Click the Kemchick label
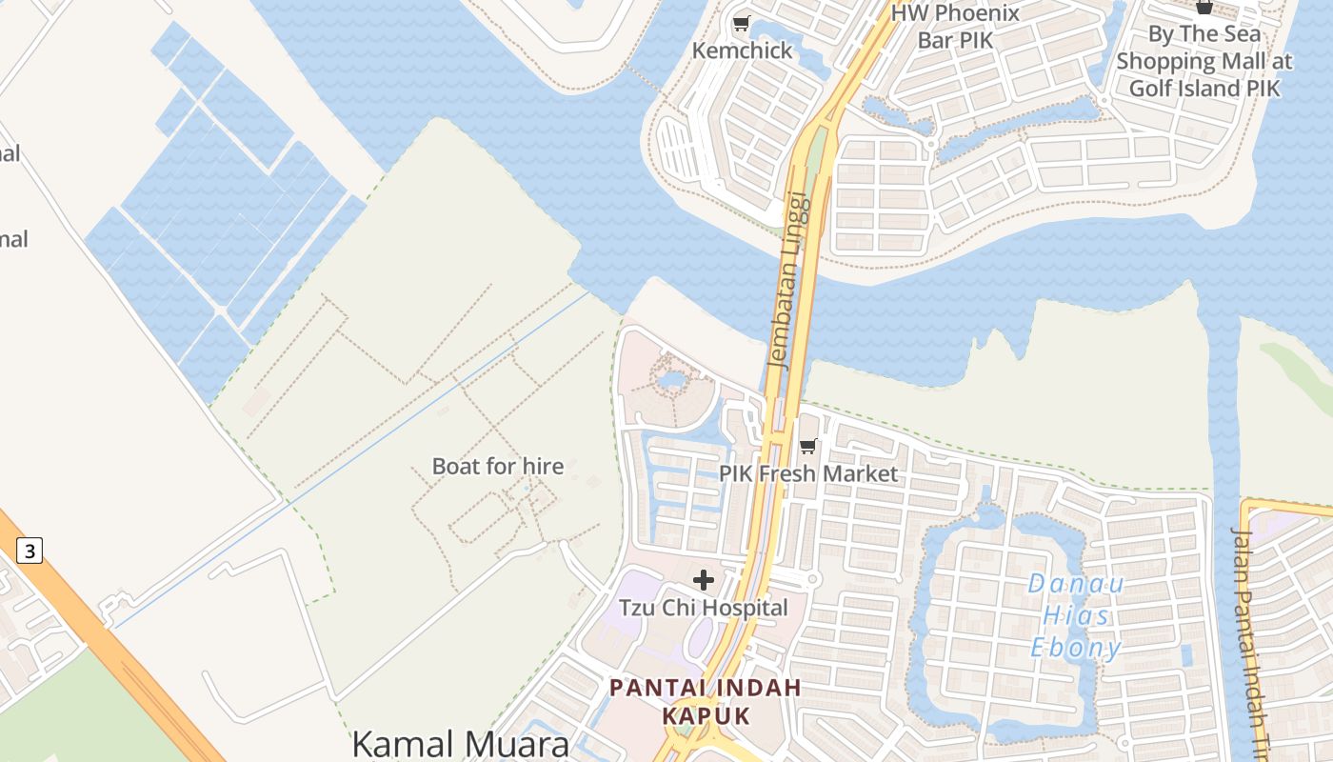pos(742,50)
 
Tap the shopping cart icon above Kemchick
pos(741,23)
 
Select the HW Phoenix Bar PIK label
pos(955,27)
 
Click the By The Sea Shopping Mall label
pos(1204,61)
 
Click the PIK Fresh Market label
pos(807,473)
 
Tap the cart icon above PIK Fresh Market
pos(808,446)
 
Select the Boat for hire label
pos(498,466)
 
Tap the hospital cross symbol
pos(704,579)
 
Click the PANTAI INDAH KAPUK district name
pos(706,701)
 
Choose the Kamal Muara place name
pos(460,744)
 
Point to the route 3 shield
pos(30,551)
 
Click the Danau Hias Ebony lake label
pos(1076,615)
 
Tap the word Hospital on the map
pos(742,608)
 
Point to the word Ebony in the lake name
pos(1076,648)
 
